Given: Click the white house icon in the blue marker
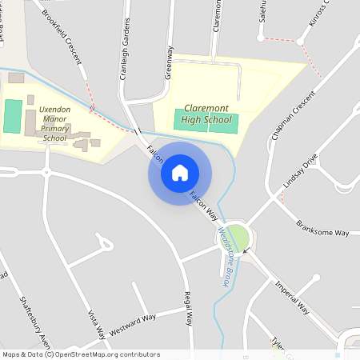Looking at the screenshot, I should tap(179, 173).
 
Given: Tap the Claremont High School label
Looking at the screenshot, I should tap(206, 114).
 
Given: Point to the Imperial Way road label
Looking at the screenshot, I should tap(292, 297).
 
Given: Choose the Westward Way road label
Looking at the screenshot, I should tap(133, 326).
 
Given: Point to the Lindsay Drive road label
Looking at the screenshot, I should tap(300, 173).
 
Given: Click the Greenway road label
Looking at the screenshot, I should tap(169, 62).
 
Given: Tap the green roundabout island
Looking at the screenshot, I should tap(238, 237).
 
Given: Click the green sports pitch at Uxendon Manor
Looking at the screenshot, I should tap(12, 117).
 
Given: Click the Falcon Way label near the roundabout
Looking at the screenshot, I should tap(203, 206).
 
